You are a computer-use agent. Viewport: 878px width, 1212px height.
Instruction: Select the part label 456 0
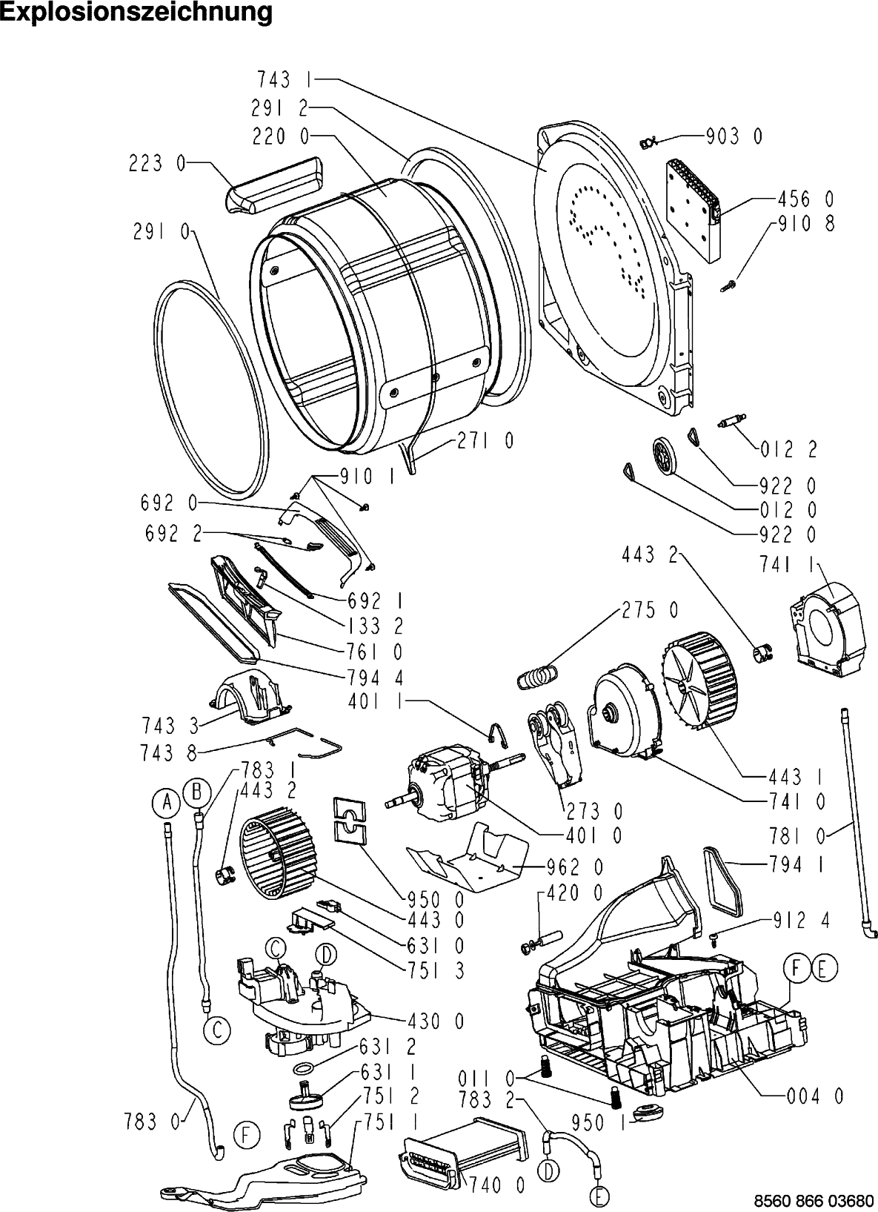[x=805, y=199]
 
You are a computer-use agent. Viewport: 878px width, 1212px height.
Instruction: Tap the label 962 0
[x=574, y=866]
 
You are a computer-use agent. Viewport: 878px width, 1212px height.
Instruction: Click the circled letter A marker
[x=167, y=800]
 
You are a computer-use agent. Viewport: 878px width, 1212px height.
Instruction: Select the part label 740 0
[x=497, y=1186]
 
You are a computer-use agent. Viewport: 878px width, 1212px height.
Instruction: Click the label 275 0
[x=649, y=611]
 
